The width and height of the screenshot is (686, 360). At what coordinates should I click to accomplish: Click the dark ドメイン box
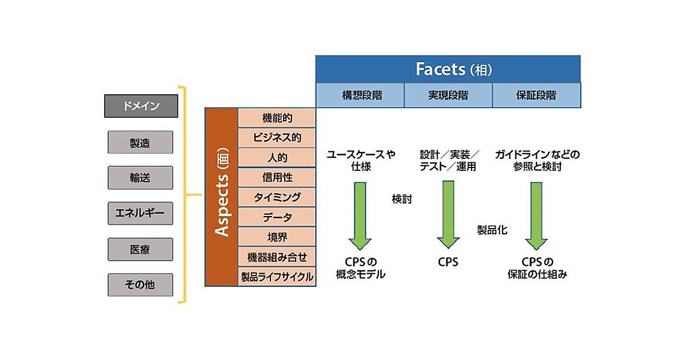pyautogui.click(x=141, y=106)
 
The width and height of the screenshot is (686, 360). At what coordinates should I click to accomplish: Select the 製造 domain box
pyautogui.click(x=140, y=143)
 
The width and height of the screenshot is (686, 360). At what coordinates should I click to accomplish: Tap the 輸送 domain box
pyautogui.click(x=140, y=178)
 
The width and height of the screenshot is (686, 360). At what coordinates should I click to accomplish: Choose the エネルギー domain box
pyautogui.click(x=140, y=213)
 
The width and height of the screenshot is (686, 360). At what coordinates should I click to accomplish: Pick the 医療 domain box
pyautogui.click(x=140, y=249)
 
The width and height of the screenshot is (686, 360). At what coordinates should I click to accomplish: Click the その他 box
pyautogui.click(x=140, y=285)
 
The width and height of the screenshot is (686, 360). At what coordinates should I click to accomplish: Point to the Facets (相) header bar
pyautogui.click(x=448, y=69)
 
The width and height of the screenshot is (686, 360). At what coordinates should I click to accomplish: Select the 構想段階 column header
pyautogui.click(x=360, y=95)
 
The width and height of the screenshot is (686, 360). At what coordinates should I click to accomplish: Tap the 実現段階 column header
pyautogui.click(x=448, y=95)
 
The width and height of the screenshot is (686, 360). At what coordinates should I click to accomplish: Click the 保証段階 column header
pyautogui.click(x=536, y=95)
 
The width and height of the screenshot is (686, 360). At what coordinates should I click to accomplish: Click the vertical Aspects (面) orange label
pyautogui.click(x=221, y=197)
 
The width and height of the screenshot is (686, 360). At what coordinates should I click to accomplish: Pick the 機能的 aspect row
pyautogui.click(x=277, y=118)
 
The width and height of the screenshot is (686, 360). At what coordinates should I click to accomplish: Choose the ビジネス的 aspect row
pyautogui.click(x=277, y=137)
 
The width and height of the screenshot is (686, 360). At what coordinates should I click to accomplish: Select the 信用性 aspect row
pyautogui.click(x=277, y=177)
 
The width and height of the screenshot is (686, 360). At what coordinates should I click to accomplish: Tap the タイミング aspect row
pyautogui.click(x=277, y=197)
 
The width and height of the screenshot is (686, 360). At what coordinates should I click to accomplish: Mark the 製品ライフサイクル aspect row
pyautogui.click(x=277, y=277)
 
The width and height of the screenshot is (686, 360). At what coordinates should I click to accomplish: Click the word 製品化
pyautogui.click(x=492, y=230)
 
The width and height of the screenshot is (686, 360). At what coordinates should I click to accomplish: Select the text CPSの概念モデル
pyautogui.click(x=360, y=269)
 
